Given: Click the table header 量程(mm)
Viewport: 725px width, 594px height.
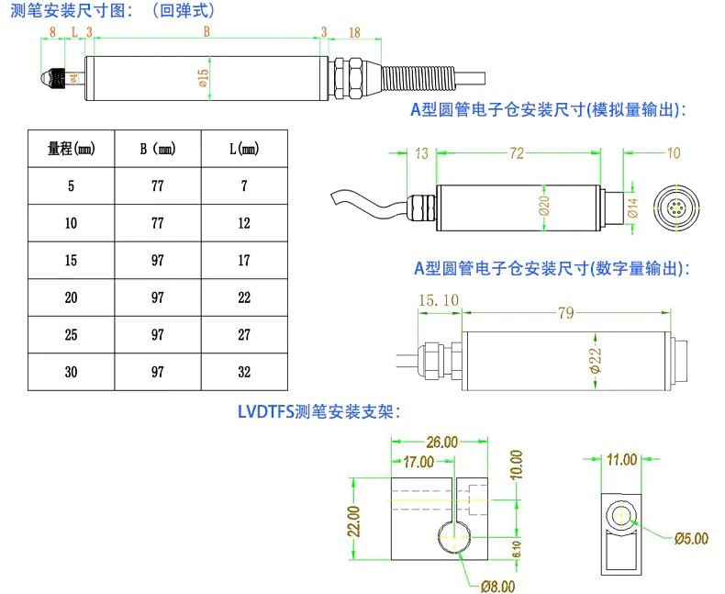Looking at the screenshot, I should (x=71, y=148).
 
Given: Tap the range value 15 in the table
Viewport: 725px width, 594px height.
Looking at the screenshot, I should (x=72, y=260).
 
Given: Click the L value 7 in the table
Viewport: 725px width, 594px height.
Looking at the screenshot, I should (x=244, y=185).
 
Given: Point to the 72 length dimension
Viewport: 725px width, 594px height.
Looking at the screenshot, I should (x=518, y=153).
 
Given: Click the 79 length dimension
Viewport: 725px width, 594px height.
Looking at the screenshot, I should (x=566, y=313).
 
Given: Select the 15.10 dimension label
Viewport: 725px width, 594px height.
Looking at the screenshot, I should (x=438, y=299).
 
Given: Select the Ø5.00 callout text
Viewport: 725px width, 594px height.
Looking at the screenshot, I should (x=691, y=539).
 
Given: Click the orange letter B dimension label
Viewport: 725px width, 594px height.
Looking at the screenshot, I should (x=206, y=31).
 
